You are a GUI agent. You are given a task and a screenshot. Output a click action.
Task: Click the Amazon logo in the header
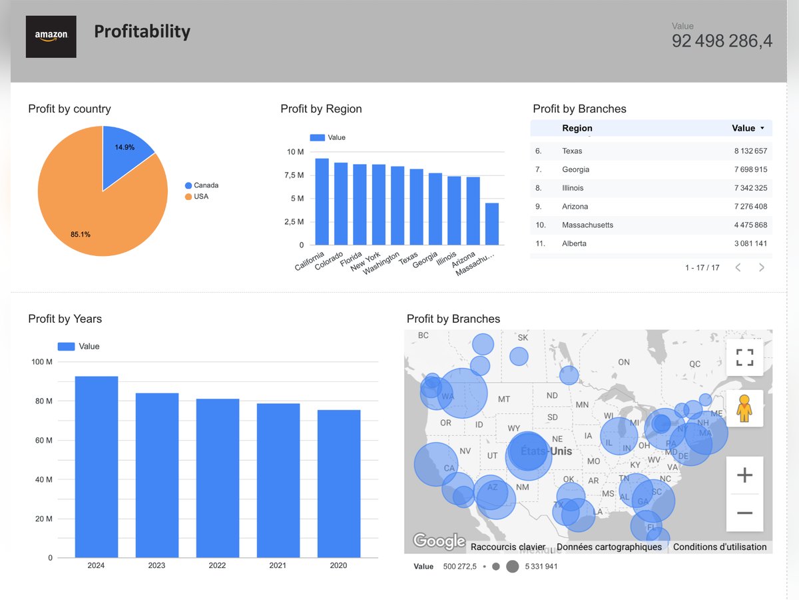[51, 37]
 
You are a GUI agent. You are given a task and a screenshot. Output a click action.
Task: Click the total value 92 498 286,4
[722, 41]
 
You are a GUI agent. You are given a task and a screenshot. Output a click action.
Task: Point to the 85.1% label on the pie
[81, 235]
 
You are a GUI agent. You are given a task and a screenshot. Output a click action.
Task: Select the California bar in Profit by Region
[322, 201]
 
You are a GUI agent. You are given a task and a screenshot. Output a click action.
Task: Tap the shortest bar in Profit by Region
[491, 224]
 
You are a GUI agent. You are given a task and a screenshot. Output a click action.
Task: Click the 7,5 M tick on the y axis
[294, 175]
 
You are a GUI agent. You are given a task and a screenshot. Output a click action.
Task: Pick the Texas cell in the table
[572, 151]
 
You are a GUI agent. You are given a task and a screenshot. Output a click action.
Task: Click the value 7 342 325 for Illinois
[750, 188]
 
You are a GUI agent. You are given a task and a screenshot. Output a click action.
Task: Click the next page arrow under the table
[762, 267]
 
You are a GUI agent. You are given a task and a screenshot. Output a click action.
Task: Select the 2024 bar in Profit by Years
[97, 467]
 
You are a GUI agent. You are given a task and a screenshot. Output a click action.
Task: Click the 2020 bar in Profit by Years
[339, 483]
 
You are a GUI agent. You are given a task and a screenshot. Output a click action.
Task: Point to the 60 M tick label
[41, 440]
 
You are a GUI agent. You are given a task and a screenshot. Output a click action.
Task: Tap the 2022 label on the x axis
[217, 565]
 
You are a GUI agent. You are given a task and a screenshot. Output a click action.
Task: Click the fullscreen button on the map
[744, 357]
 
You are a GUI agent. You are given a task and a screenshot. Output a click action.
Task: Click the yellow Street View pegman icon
[744, 408]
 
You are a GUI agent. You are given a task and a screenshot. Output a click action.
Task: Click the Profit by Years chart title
[65, 319]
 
